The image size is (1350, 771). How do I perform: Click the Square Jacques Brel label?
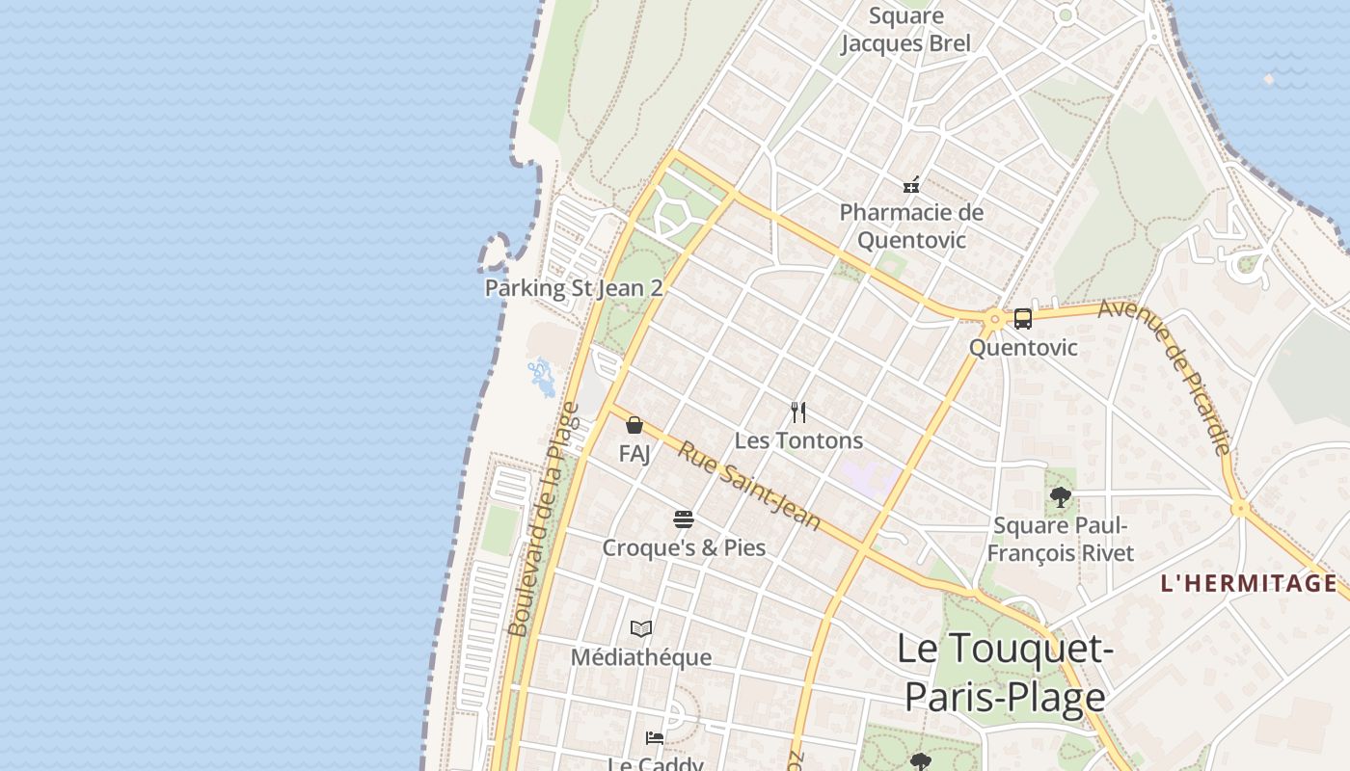tap(905, 30)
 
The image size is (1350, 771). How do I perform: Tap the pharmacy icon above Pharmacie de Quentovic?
tap(910, 184)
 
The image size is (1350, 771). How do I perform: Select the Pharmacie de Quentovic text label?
tap(911, 226)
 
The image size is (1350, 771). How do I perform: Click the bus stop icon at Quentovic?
tap(1023, 318)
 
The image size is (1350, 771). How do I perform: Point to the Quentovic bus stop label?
tap(1023, 347)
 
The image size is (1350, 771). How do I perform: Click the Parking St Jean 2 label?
tap(574, 287)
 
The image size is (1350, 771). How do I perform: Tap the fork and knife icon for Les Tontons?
tap(798, 412)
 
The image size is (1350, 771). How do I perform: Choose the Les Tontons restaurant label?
tap(798, 440)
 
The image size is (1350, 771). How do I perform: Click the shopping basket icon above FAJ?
tap(634, 425)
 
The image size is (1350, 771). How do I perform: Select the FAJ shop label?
tap(634, 452)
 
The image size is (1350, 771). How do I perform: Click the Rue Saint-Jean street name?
tap(748, 486)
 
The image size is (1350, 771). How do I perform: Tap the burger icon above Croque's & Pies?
tap(684, 520)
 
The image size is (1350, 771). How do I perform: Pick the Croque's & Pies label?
tap(684, 547)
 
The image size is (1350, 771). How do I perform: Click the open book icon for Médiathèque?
tap(641, 629)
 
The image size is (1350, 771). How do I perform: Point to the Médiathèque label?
tap(641, 657)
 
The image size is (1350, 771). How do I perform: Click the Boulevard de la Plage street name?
tap(543, 520)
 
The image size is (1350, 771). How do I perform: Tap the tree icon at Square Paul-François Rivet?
tap(1061, 498)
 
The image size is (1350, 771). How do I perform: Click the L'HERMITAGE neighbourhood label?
tap(1249, 583)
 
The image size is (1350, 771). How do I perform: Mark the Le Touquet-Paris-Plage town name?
tap(1005, 673)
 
